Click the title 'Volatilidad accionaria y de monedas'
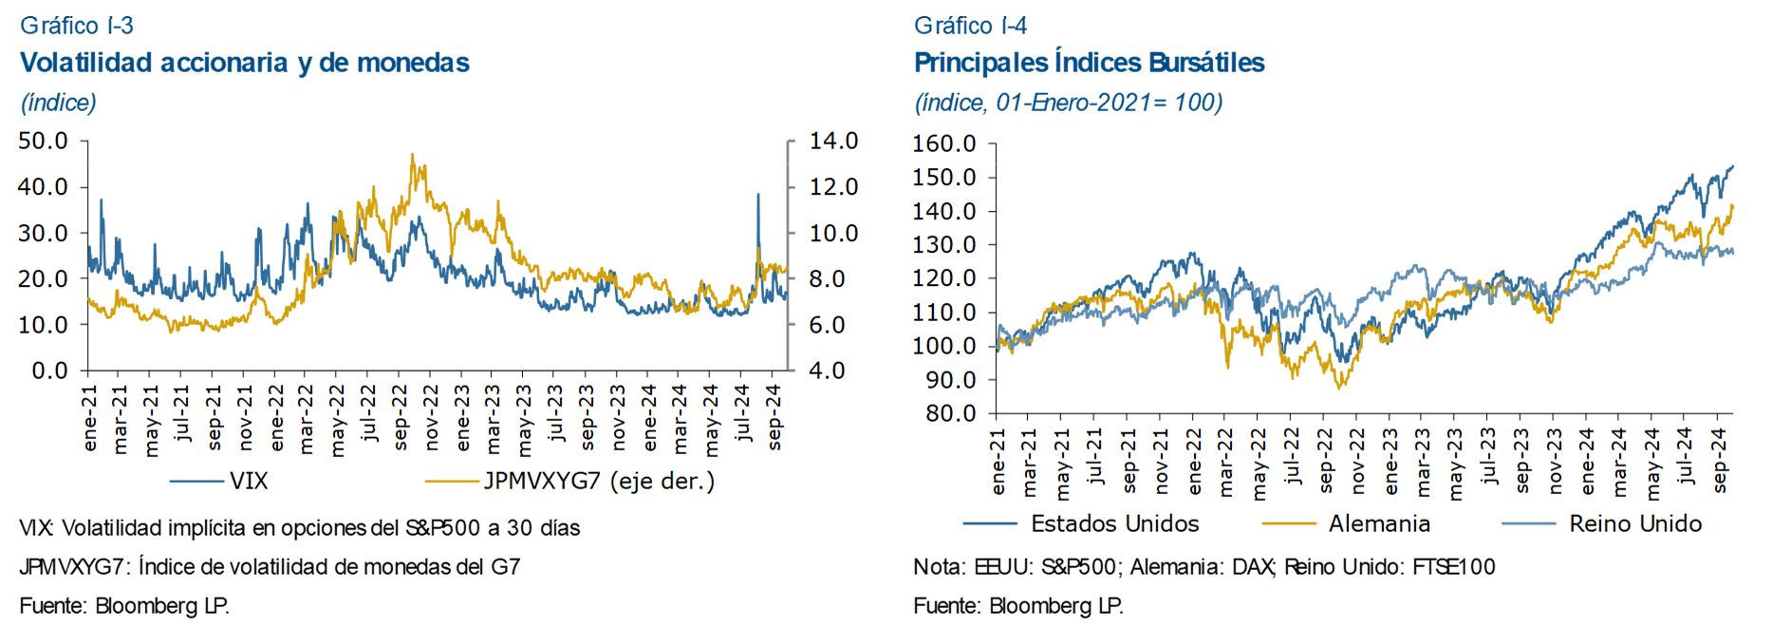[x=245, y=63]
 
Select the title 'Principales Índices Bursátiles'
[x=1089, y=63]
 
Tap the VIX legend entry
[x=248, y=481]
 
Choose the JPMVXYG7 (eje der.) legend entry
[x=599, y=481]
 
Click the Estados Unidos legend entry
[x=1114, y=523]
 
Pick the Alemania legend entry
[x=1378, y=523]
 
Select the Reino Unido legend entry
[x=1634, y=523]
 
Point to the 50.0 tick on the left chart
[x=44, y=142]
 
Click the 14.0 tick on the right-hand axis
[x=833, y=142]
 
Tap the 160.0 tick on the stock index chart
[x=944, y=143]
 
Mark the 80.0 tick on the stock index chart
[x=950, y=413]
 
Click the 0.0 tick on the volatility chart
[x=49, y=370]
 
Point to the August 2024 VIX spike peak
[x=757, y=195]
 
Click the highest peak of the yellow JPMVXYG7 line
[x=412, y=155]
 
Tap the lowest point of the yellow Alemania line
[x=1339, y=388]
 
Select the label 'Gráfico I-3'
[x=77, y=25]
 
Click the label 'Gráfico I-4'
[x=970, y=25]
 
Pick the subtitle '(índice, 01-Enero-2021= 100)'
[x=1068, y=103]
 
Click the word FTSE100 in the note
[x=1453, y=567]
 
